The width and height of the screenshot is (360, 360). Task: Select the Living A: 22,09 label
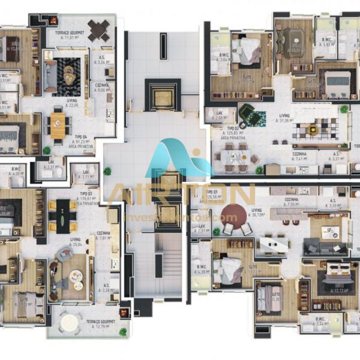[73, 103]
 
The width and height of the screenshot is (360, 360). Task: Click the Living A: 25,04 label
[75, 242]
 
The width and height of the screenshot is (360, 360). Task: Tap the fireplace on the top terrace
[53, 19]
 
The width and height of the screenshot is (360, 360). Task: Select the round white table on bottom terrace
[70, 323]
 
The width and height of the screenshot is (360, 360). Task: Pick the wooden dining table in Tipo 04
[58, 124]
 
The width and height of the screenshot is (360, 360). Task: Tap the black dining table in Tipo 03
[62, 214]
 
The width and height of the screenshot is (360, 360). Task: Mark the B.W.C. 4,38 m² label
[202, 269]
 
